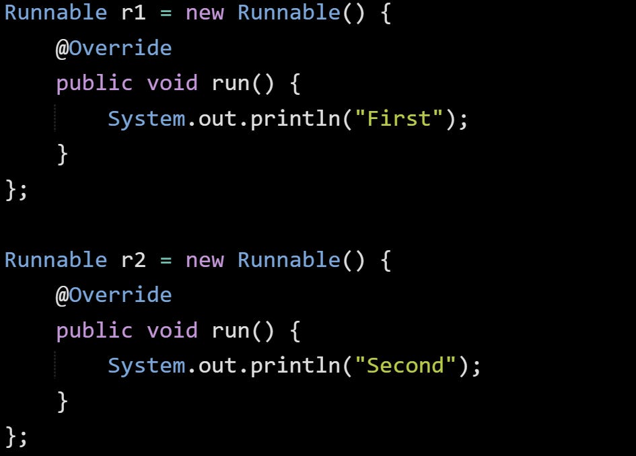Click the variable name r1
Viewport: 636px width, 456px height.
click(133, 13)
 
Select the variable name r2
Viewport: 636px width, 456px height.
click(133, 260)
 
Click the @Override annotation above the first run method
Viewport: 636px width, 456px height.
click(114, 48)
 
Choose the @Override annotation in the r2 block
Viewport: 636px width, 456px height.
click(114, 295)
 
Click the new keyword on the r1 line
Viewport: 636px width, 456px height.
click(205, 13)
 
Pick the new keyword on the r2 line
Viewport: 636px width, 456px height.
click(205, 260)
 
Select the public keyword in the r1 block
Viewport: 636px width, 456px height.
click(94, 83)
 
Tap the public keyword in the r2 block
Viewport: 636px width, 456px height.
click(94, 330)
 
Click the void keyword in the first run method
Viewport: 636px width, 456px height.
click(172, 83)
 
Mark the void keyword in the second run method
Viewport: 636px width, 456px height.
click(172, 330)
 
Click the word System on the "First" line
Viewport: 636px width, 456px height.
click(146, 119)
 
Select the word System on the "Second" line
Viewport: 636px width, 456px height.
click(146, 366)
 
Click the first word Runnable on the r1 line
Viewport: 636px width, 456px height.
click(55, 13)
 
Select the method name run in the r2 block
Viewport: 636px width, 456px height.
click(231, 330)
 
